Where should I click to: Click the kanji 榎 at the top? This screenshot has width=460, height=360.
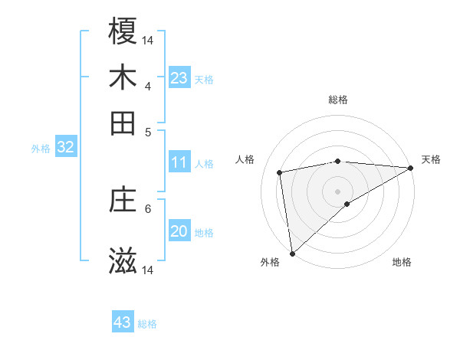click(123, 31)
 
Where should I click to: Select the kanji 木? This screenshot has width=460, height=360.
click(123, 77)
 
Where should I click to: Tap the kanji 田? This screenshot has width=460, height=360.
click(123, 123)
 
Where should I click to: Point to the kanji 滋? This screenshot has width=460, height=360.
click(123, 261)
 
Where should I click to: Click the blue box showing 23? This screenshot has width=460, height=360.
click(179, 78)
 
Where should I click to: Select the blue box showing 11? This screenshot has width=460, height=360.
click(179, 162)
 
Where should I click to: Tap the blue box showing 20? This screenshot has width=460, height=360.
click(179, 231)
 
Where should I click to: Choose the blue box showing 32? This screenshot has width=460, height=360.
click(65, 148)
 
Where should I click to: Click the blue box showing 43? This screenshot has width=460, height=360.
click(123, 322)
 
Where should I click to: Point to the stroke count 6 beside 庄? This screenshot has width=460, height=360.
click(148, 208)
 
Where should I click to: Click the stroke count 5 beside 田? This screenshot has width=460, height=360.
click(148, 131)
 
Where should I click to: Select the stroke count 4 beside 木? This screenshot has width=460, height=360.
click(148, 85)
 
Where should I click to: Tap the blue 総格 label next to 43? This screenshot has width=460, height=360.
click(147, 324)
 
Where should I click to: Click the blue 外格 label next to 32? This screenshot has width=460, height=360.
click(40, 149)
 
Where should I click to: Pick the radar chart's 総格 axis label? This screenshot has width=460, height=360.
click(338, 100)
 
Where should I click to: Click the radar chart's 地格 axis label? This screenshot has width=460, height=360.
click(402, 262)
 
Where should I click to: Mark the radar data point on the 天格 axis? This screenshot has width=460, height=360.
click(411, 168)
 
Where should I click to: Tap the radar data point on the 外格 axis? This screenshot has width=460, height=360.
click(292, 254)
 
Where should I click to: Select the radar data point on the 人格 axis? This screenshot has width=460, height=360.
click(281, 172)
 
